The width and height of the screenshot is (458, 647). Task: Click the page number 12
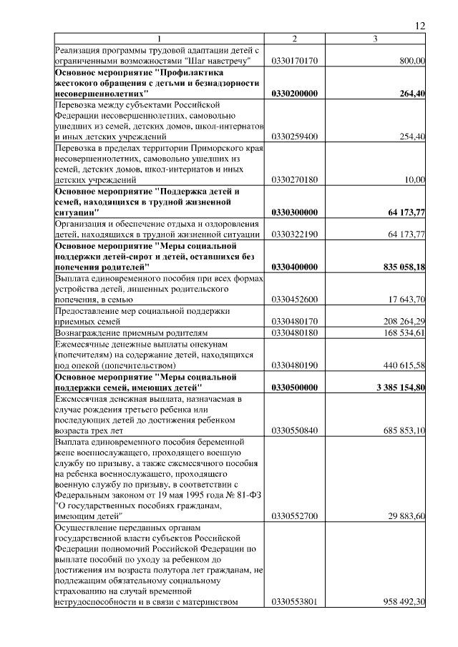coord(420,26)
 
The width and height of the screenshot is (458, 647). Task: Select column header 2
coord(294,39)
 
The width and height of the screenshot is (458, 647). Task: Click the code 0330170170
coord(294,61)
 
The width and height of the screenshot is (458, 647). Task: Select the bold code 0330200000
coord(295,94)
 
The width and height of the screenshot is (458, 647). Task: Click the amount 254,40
coord(412,136)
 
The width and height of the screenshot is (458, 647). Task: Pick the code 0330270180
coord(294,180)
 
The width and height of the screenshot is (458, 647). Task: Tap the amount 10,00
coord(415,180)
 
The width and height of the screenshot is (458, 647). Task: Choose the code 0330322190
coord(294,234)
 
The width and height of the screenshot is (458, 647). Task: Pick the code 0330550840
coord(294,430)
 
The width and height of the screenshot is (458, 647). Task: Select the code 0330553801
coord(294,601)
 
